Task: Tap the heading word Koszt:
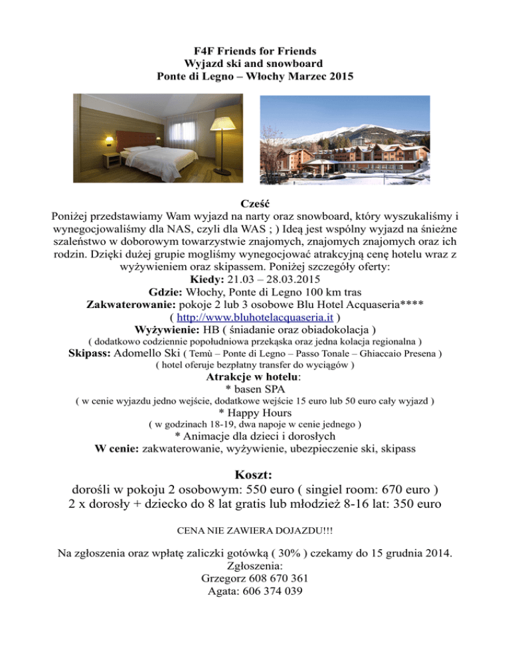coord(255,475)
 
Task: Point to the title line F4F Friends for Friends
coord(255,51)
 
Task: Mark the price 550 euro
coord(272,491)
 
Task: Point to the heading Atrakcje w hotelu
coord(254,377)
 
